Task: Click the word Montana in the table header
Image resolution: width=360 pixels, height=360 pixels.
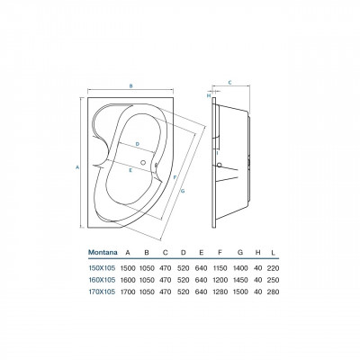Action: pyautogui.click(x=103, y=252)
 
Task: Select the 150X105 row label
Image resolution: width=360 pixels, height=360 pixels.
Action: pyautogui.click(x=102, y=268)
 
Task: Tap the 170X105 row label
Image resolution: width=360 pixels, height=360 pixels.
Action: pyautogui.click(x=102, y=292)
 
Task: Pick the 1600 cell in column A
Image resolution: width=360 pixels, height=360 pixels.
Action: pyautogui.click(x=128, y=280)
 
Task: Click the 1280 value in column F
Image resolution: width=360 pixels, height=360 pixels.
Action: pyautogui.click(x=220, y=292)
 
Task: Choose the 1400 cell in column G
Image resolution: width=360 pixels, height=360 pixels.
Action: pyautogui.click(x=240, y=268)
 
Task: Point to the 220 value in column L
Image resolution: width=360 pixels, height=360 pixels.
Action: pyautogui.click(x=273, y=268)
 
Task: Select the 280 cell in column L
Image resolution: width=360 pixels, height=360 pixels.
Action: pyautogui.click(x=273, y=292)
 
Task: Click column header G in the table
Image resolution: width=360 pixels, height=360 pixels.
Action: pyautogui.click(x=240, y=252)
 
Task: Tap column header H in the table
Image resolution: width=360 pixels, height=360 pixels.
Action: pyautogui.click(x=257, y=252)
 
